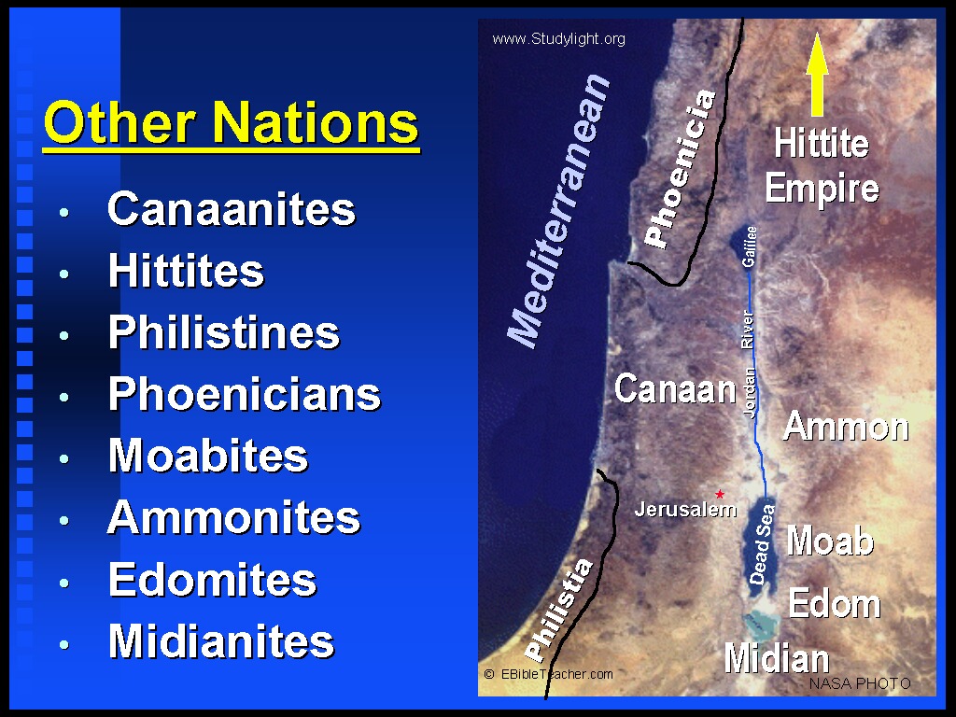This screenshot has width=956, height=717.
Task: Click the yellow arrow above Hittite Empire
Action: coord(817,75)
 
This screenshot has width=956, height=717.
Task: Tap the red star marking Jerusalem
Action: coord(720,494)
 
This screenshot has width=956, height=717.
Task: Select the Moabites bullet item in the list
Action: coord(208,456)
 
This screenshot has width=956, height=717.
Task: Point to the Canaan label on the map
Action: coord(675,388)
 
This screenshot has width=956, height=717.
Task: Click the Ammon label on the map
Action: coord(846,426)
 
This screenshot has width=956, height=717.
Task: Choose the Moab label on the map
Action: coord(830,541)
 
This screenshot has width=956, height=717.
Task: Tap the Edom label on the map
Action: coord(834,603)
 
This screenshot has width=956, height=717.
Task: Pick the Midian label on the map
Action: coord(777,658)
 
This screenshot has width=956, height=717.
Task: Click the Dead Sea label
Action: coord(762,544)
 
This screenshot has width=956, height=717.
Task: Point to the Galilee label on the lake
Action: coord(749,246)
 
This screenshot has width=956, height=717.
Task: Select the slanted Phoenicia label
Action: coord(680,169)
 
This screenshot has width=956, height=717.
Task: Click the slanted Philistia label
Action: coord(558,611)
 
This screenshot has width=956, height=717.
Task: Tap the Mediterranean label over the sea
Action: coord(558,211)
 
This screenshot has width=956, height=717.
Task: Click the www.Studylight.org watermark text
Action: coord(558,39)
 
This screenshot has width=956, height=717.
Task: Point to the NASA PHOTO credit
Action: coord(860,683)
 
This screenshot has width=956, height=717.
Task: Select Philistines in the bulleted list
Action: coord(224,333)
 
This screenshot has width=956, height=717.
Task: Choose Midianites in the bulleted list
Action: coord(221,641)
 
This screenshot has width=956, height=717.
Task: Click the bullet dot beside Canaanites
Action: coord(64,212)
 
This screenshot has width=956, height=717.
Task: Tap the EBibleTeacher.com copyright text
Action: coord(548,674)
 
